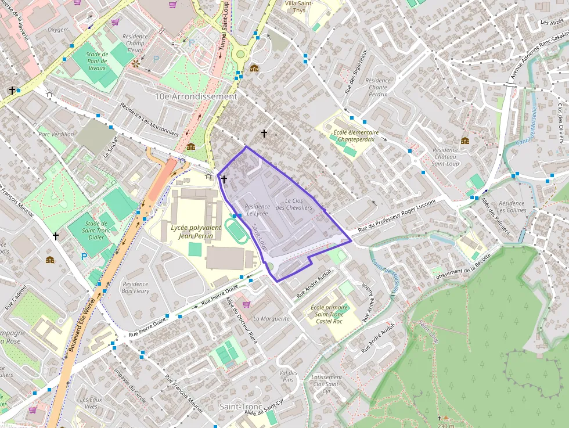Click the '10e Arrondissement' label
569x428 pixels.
[x=196, y=96]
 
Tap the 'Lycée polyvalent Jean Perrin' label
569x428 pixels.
[x=196, y=232]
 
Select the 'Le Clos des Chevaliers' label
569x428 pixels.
[x=294, y=204]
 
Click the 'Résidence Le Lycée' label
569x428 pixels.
[x=257, y=210]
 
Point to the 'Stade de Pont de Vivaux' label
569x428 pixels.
[x=97, y=61]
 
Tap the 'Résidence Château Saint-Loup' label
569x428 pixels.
[x=445, y=157]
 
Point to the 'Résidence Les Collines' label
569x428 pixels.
[x=512, y=207]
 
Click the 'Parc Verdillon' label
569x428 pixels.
[x=56, y=134]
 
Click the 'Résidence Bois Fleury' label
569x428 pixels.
[x=136, y=287]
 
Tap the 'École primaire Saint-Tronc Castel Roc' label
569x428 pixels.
[x=329, y=314]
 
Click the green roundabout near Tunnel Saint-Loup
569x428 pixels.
[x=239, y=55]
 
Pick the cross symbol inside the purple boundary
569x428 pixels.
[x=224, y=179]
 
